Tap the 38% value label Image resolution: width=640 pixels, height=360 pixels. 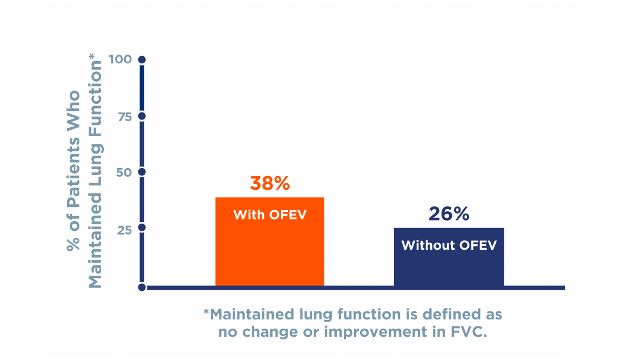coord(270,183)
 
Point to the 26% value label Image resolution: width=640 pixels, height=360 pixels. coord(449,214)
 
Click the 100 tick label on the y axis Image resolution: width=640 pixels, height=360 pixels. coord(120,59)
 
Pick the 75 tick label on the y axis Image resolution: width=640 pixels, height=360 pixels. coord(124,116)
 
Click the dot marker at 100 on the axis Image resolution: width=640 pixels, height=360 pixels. coord(142,59)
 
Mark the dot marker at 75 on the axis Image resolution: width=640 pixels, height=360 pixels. coord(142,116)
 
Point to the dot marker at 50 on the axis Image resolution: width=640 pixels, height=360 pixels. coord(142,172)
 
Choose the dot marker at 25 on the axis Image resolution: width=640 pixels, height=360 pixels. coord(142,228)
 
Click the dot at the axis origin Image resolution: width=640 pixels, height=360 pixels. coord(142,287)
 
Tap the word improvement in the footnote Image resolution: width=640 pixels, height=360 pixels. coord(372,331)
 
